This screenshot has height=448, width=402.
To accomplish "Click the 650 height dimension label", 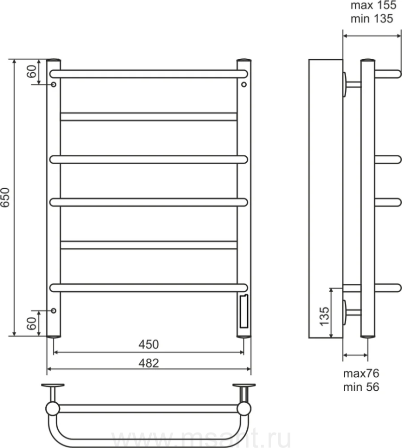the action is [5, 198].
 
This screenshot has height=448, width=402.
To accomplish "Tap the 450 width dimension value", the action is [148, 344].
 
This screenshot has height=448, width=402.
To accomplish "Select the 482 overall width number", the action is [148, 363].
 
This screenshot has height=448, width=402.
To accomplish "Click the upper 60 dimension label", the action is [32, 71].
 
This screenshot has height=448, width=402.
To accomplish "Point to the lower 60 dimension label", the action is [32, 324].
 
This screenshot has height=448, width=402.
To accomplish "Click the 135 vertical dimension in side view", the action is [324, 316].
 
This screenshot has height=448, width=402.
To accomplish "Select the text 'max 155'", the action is [373, 5].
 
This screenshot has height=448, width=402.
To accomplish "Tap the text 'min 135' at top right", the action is [372, 18].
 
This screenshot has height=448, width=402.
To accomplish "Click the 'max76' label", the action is [361, 373].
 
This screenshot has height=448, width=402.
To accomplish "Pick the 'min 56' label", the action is [361, 387].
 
